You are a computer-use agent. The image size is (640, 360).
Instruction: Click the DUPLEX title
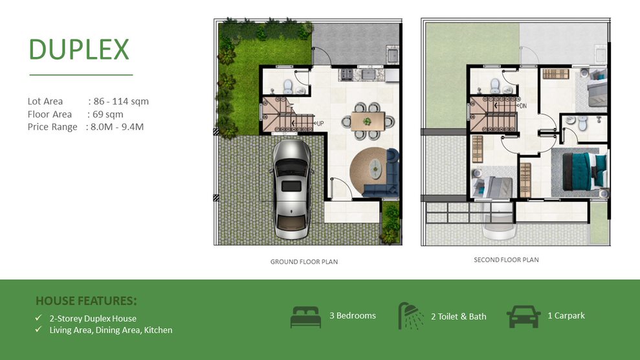pos(79,49)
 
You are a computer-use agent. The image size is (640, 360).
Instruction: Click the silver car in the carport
pos(291,189)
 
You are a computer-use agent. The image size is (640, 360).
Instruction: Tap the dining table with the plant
pos(368,121)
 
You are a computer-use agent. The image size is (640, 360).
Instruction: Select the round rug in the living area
pos(370,171)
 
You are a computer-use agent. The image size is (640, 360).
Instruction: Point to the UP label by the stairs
pos(320,123)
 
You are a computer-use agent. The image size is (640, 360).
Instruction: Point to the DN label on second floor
pos(523,106)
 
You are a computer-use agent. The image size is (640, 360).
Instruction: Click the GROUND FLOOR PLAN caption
pos(304,262)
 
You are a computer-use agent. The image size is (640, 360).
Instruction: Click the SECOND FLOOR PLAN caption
pos(506,260)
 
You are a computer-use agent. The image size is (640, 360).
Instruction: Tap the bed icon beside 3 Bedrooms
pos(305,317)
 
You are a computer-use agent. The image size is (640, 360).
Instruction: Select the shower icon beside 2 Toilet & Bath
pos(411,315)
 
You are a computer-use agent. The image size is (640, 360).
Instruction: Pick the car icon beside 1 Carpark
pos(524,317)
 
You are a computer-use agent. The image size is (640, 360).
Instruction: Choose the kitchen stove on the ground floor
pos(347,74)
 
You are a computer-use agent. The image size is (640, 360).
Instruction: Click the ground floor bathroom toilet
pos(288,86)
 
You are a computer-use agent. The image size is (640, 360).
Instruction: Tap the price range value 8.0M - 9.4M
pos(117,127)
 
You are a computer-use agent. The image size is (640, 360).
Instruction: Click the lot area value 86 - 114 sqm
pos(121,101)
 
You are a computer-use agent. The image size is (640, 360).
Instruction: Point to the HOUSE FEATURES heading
pos(86,301)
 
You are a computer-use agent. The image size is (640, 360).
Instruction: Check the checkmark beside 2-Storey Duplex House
pos(39,317)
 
